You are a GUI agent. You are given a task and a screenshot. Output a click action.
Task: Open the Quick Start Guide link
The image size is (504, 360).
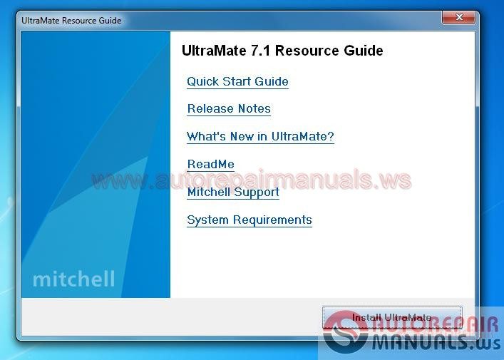click(x=237, y=81)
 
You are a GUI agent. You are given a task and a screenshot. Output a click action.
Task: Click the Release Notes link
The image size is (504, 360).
click(x=229, y=109)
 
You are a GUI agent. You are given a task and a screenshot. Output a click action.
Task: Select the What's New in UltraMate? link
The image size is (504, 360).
click(x=260, y=136)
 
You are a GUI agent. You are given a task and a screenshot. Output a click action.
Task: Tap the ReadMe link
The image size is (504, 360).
click(x=210, y=165)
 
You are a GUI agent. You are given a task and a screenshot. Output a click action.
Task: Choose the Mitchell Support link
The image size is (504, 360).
click(x=233, y=192)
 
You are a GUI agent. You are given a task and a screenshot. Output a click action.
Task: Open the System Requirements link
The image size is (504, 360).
click(x=250, y=220)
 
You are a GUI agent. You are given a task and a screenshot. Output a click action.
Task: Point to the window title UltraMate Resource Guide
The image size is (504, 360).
click(x=71, y=20)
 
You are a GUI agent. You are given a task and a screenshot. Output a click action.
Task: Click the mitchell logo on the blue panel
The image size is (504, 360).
click(x=73, y=278)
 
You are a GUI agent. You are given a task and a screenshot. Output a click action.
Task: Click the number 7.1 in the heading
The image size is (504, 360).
click(x=261, y=51)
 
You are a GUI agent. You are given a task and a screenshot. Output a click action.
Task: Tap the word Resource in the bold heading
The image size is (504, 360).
click(x=307, y=51)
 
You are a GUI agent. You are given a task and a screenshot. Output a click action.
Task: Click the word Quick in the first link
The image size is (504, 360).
click(x=202, y=81)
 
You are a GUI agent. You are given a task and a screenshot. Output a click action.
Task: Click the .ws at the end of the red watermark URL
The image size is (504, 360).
click(x=396, y=180)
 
